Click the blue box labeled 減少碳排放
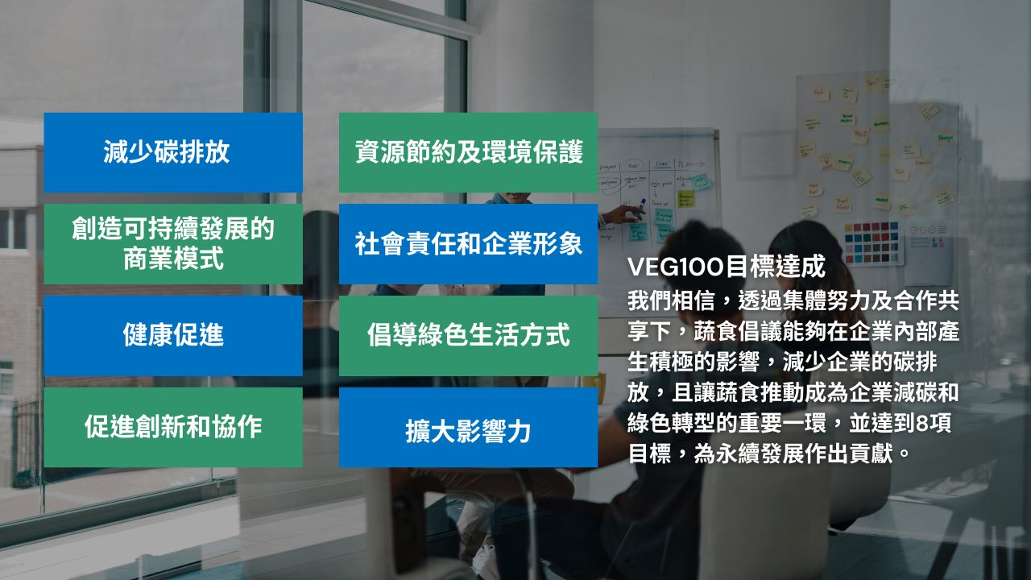(173, 152)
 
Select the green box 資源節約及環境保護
(468, 152)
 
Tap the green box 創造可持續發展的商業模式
(173, 244)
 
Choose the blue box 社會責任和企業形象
(468, 244)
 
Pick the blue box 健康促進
(173, 336)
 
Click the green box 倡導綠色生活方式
(468, 336)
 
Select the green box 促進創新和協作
(173, 427)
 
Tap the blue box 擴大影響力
(468, 427)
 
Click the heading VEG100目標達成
(727, 267)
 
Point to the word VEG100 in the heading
(676, 267)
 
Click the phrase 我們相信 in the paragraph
(671, 301)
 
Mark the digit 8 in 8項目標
(922, 424)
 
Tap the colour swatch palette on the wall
(872, 242)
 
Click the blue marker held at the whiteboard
(640, 207)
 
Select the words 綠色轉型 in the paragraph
(671, 424)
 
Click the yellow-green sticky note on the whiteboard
(685, 199)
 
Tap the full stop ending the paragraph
(905, 454)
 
